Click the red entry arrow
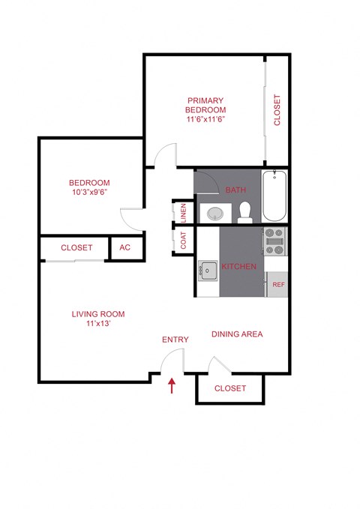[172, 385]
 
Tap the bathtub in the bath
[274, 196]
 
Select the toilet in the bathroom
[244, 213]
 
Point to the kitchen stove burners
[274, 242]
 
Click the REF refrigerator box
[277, 285]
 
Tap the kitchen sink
[208, 271]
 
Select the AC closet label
[124, 247]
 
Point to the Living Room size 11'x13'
[97, 325]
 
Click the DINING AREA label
[236, 334]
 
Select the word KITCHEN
[238, 266]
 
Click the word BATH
[235, 190]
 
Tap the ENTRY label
[175, 340]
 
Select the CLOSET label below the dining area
[229, 388]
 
